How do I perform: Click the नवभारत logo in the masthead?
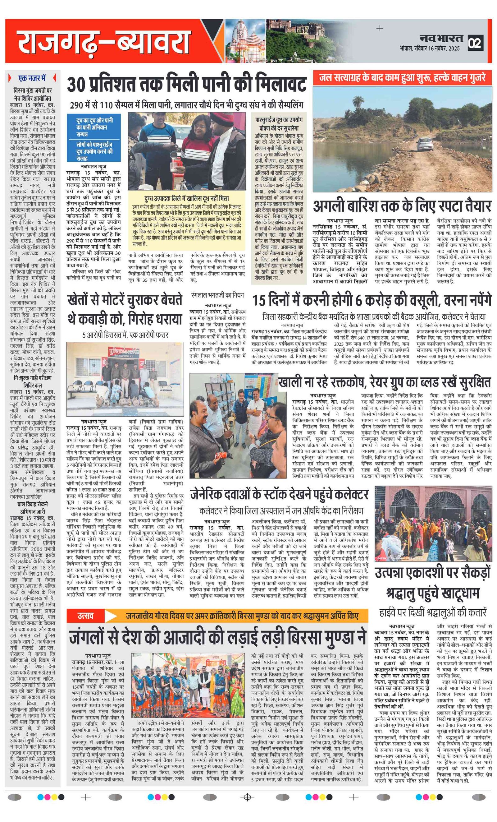click(441, 38)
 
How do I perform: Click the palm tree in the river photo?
click(359, 102)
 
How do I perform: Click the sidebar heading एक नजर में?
click(32, 78)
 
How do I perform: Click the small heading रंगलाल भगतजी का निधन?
click(217, 295)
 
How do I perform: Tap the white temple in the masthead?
click(243, 40)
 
